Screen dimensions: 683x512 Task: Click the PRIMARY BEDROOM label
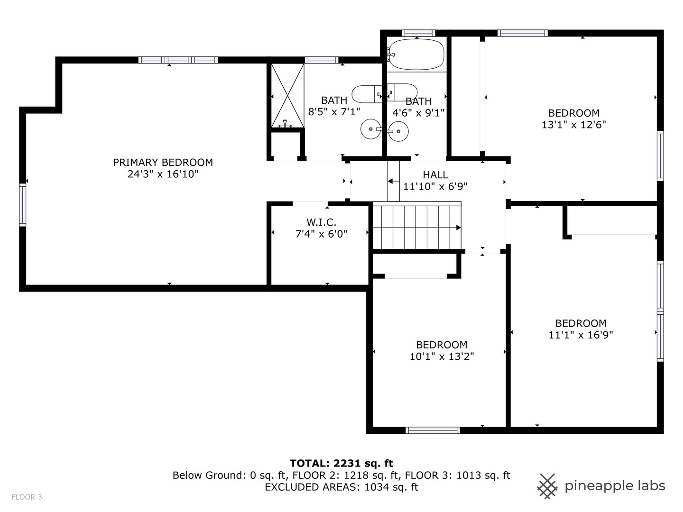163,162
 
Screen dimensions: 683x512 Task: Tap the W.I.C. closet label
321,222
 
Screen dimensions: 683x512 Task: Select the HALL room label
435,175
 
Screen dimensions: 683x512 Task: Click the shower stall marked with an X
287,95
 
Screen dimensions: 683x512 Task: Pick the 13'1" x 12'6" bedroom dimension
574,125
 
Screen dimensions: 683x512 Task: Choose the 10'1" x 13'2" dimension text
442,356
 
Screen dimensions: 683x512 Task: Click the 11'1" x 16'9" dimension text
581,335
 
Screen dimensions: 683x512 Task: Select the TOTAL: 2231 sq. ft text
341,463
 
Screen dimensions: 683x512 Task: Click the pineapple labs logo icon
547,486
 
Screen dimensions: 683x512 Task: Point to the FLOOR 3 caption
27,497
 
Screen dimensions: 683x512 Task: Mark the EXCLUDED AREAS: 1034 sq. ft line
341,487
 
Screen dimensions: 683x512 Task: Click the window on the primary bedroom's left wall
22,205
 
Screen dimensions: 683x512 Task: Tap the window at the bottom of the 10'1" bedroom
433,430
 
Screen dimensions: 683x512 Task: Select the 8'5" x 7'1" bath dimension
334,111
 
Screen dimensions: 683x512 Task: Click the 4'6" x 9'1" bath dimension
418,112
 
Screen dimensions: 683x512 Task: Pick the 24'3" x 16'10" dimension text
163,174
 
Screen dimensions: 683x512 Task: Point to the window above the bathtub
418,33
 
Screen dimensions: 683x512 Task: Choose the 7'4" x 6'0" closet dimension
321,234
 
